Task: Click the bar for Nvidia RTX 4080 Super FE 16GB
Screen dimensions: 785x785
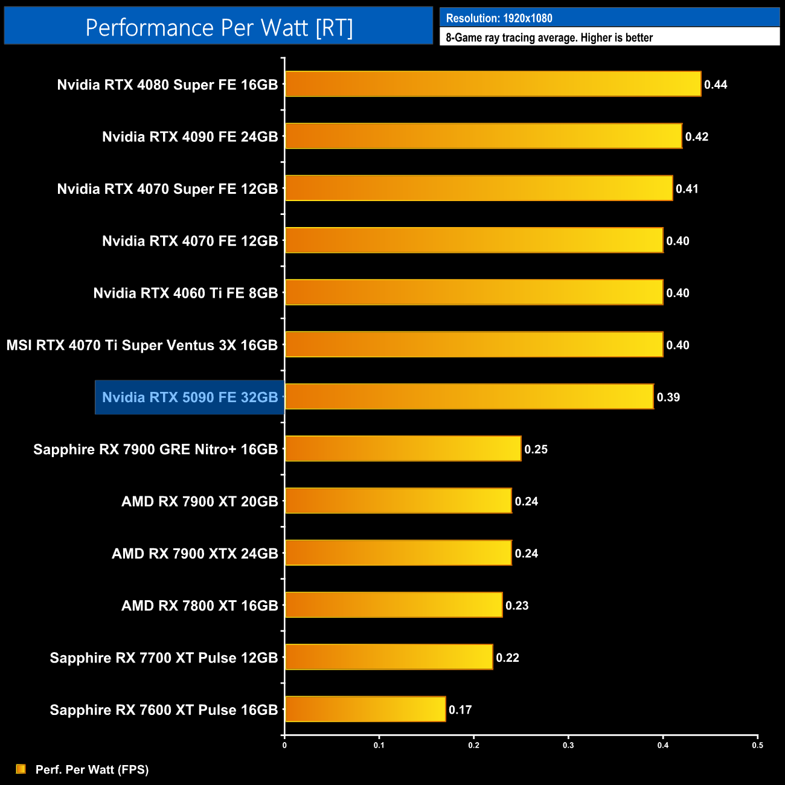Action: click(493, 84)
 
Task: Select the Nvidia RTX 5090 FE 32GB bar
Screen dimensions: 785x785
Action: click(469, 397)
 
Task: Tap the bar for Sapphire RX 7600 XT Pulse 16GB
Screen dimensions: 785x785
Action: click(365, 709)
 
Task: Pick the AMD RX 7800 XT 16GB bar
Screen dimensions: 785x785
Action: click(394, 605)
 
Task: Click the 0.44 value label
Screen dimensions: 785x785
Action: click(716, 85)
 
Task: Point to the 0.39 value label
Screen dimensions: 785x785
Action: click(668, 397)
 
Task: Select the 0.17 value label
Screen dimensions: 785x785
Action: click(460, 710)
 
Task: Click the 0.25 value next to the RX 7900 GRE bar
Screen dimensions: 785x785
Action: click(536, 449)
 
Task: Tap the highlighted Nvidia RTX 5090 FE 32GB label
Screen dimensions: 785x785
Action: click(190, 397)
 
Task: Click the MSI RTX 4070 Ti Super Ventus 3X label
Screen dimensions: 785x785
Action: click(142, 345)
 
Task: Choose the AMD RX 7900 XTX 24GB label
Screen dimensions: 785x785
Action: click(194, 554)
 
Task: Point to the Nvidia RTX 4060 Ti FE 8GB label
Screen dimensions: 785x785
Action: click(185, 293)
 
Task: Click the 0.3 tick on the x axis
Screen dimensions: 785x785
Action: click(568, 745)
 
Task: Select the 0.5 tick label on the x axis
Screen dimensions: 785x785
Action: click(757, 745)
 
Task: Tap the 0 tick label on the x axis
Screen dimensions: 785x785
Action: click(284, 745)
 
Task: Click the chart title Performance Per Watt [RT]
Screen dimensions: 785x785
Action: click(219, 27)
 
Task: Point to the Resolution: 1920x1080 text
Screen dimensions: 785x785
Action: click(499, 18)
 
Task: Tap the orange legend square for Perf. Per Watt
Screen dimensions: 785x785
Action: click(21, 769)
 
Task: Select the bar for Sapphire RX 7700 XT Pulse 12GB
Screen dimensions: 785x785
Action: click(389, 657)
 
